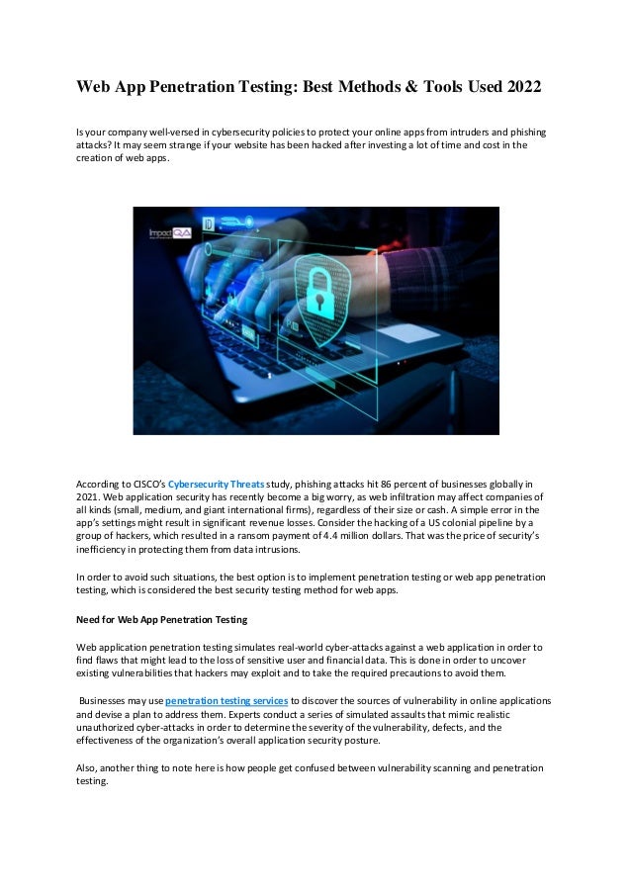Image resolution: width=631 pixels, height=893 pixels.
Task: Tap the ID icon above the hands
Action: click(209, 224)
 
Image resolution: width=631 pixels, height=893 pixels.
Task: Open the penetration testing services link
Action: click(226, 700)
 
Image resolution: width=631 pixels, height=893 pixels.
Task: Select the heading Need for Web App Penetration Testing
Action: click(162, 620)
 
